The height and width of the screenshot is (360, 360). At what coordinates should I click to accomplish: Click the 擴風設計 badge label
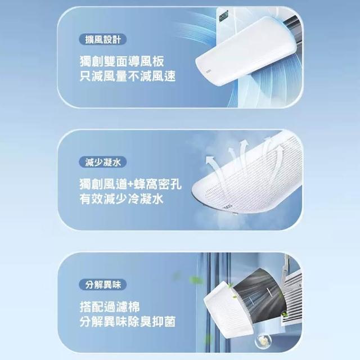(102, 39)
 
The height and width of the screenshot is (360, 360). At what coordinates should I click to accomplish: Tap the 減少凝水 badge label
(102, 163)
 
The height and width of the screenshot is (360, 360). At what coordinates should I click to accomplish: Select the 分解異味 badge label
(102, 285)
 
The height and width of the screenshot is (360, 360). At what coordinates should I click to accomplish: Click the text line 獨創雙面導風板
(122, 61)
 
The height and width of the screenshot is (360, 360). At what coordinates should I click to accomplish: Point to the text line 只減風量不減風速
(128, 76)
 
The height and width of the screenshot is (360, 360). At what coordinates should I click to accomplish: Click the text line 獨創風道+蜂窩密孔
(130, 184)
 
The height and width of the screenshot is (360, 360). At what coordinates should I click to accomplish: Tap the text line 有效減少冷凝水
(121, 199)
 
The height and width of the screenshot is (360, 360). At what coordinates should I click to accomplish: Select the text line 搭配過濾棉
(110, 307)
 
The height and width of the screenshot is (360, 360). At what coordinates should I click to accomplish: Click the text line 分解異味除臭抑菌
(128, 321)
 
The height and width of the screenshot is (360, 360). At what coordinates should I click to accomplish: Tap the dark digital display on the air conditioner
(223, 17)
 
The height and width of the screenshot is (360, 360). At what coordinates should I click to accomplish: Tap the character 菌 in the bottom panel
(170, 321)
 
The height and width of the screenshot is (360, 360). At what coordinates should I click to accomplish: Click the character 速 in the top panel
(170, 76)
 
